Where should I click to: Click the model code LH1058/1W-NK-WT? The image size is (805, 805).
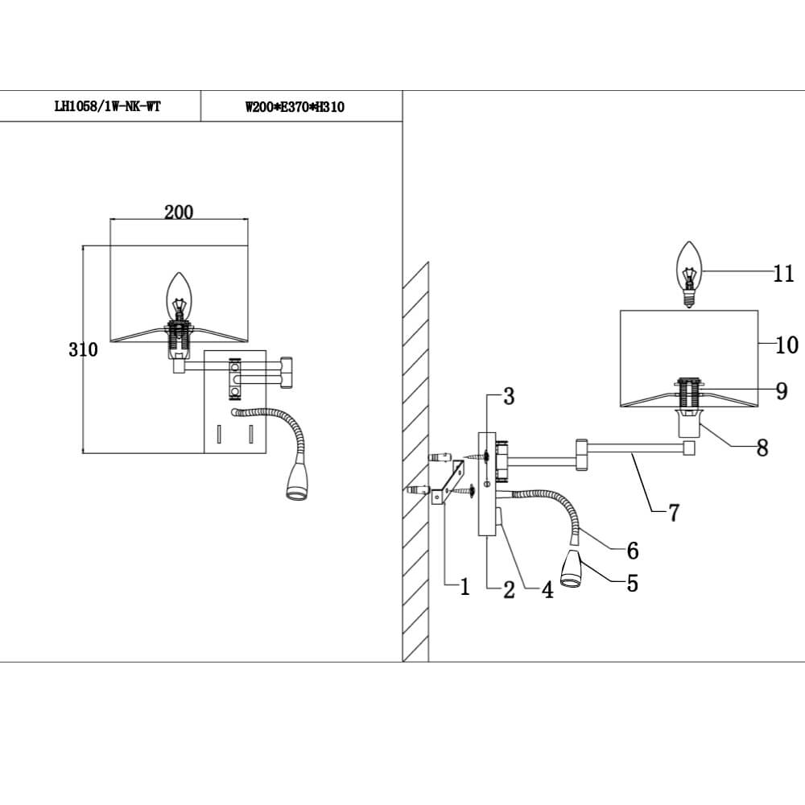click(106, 107)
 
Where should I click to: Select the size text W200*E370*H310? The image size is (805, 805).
click(295, 107)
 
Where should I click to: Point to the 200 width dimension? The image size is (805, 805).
click(179, 212)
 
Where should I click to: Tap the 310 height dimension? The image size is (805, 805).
click(83, 349)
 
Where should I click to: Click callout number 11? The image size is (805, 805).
click(783, 274)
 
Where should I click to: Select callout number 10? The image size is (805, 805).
click(786, 345)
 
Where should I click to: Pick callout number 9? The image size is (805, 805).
click(781, 391)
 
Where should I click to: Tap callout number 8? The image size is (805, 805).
click(762, 448)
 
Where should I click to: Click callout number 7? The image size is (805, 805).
click(675, 511)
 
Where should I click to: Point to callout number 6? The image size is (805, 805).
click(632, 551)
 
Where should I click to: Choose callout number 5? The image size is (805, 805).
click(632, 583)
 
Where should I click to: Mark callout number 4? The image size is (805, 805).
click(547, 590)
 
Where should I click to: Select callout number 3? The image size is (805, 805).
click(508, 396)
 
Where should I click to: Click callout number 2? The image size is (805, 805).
click(509, 590)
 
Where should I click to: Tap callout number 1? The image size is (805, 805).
click(464, 588)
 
